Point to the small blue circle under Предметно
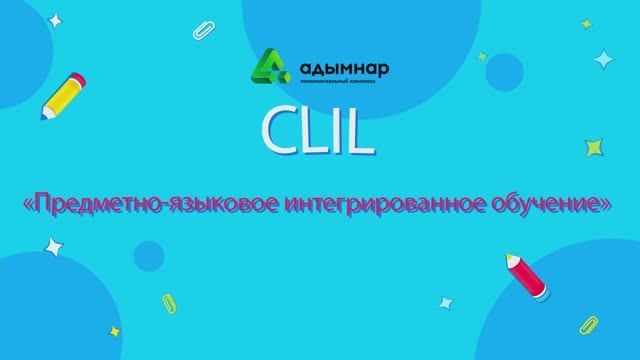[x=149, y=255]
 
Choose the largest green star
[x=596, y=148]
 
